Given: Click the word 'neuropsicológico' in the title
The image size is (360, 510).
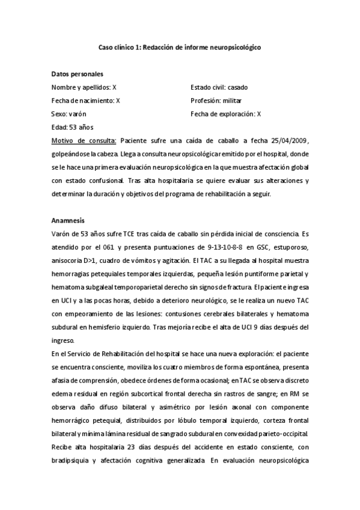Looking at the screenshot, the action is click(x=231, y=47).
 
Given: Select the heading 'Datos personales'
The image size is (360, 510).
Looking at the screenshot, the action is click(x=77, y=74).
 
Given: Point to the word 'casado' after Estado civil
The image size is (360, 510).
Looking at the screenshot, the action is click(x=237, y=87).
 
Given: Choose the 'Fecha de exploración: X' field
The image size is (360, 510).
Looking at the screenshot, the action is click(x=225, y=114).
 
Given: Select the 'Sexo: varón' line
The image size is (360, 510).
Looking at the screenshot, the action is click(x=69, y=114).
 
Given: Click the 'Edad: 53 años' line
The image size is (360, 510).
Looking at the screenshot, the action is click(x=72, y=127).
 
